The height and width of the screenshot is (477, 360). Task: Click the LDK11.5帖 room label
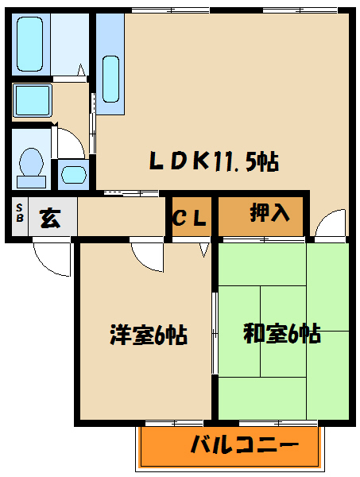[x=215, y=161]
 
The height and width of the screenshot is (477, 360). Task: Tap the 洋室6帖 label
[x=148, y=335]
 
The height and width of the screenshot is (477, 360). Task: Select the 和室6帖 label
[x=282, y=334]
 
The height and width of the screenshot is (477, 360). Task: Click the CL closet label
[x=191, y=216]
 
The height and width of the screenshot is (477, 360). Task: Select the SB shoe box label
[x=18, y=216]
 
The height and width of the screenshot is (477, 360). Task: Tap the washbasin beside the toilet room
[x=73, y=173]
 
